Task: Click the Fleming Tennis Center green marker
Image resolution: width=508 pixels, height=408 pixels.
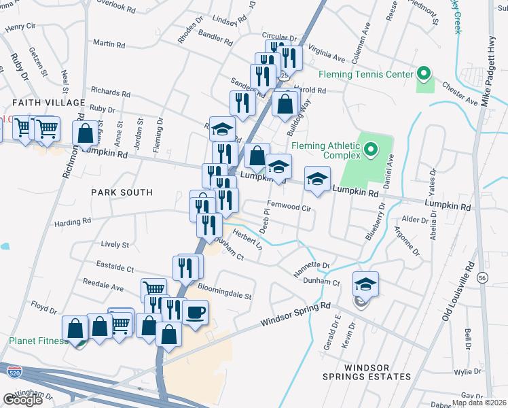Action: click(424, 73)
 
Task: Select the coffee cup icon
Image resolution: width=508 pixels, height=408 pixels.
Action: click(196, 312)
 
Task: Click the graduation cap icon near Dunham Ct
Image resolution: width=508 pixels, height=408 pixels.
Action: click(365, 284)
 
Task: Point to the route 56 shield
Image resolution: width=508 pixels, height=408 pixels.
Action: click(482, 278)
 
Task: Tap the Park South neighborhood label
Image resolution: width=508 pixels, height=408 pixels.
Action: click(122, 192)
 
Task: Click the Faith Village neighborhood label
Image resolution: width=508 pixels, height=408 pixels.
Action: click(48, 103)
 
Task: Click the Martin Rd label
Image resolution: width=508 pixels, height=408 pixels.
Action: click(109, 44)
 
